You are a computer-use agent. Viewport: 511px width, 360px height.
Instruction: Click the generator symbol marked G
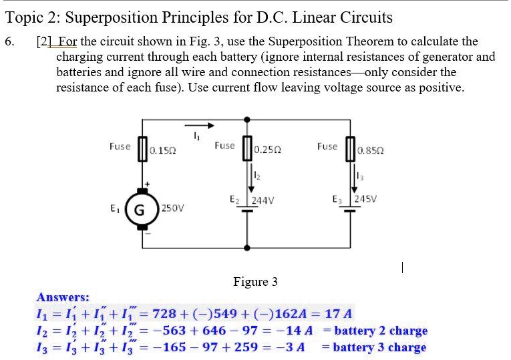click(x=141, y=207)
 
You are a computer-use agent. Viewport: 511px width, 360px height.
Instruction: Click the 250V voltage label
click(x=173, y=208)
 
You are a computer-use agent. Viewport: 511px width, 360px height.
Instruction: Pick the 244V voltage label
click(x=265, y=200)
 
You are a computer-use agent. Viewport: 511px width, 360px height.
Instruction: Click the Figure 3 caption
click(x=255, y=282)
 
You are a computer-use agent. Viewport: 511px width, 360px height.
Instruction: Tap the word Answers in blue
click(x=63, y=297)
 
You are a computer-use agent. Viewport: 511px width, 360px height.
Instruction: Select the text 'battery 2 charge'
click(x=380, y=331)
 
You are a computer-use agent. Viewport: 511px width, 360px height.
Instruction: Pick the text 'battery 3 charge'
click(x=379, y=347)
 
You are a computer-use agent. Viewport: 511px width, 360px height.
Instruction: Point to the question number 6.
click(x=9, y=41)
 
